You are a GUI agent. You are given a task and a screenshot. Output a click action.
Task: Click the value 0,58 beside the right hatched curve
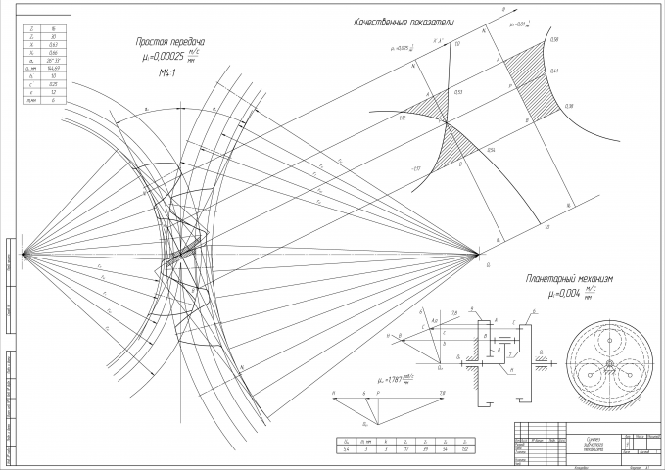554,39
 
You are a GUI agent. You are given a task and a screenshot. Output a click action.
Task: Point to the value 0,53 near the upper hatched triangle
458,91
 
